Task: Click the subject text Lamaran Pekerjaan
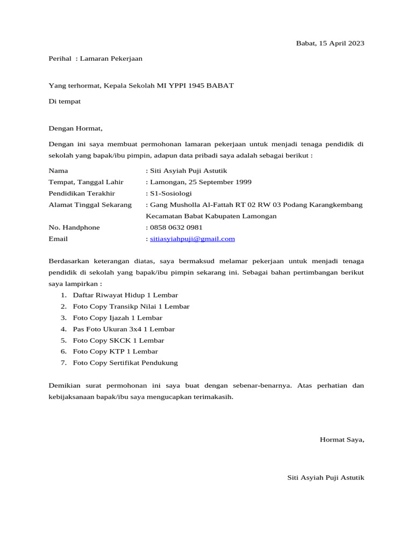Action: [x=111, y=59]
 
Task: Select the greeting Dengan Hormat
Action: [x=75, y=128]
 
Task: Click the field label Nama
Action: [x=59, y=171]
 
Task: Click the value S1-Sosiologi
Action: [x=170, y=193]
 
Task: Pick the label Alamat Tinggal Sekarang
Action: [x=90, y=205]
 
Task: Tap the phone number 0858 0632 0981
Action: [x=176, y=227]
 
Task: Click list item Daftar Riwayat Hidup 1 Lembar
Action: [x=125, y=295]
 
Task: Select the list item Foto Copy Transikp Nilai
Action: [x=131, y=307]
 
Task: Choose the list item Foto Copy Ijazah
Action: [x=117, y=318]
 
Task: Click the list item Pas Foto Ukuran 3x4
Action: [x=124, y=329]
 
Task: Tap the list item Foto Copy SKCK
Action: [x=118, y=341]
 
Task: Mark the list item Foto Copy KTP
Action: [x=116, y=352]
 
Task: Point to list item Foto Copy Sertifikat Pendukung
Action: [x=125, y=363]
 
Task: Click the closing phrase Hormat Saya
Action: [x=342, y=439]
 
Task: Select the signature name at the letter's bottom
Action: [x=326, y=477]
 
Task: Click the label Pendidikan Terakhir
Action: [x=82, y=193]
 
